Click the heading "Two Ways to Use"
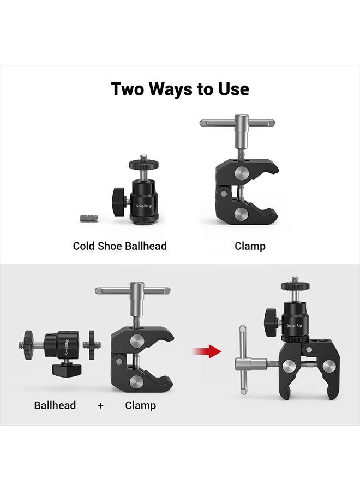tap(180, 89)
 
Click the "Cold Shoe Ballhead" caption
tap(120, 246)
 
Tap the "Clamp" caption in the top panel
tap(250, 246)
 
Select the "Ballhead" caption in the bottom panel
tap(55, 405)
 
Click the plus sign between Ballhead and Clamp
tap(100, 405)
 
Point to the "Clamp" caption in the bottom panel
tap(140, 405)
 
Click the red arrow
tap(207, 351)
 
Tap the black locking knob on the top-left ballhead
tap(119, 195)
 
